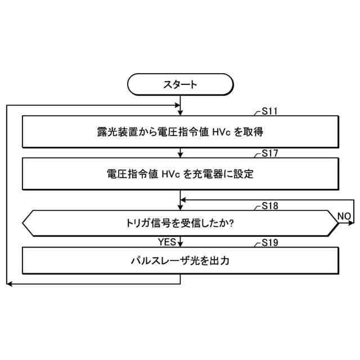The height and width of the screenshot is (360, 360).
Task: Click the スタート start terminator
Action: coord(180,84)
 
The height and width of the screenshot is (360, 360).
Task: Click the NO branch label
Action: coord(344,216)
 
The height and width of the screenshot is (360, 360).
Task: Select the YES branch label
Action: coord(167,242)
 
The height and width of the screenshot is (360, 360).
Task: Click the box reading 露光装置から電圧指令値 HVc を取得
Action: coord(180,132)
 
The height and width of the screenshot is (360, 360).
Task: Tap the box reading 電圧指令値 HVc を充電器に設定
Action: coord(180,174)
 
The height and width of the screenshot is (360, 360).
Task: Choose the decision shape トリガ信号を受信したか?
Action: coord(180,223)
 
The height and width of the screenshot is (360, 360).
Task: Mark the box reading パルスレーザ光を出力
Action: coord(180,262)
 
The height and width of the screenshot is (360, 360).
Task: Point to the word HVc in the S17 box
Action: coord(172,174)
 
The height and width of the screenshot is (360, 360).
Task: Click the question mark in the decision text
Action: coord(232,223)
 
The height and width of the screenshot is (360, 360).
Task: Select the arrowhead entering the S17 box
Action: coord(180,155)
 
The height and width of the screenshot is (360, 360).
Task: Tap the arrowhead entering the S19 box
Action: coord(180,245)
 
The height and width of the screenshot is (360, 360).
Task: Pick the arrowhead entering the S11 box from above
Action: coord(180,114)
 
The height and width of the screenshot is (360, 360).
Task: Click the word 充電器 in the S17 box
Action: coord(213,174)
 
